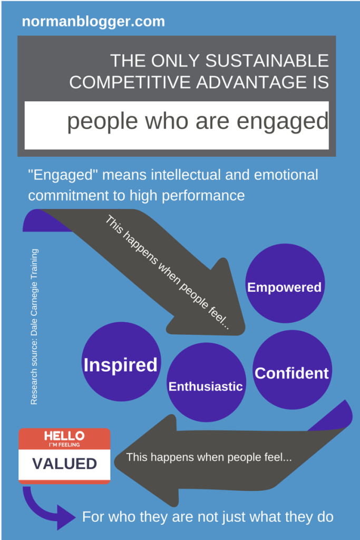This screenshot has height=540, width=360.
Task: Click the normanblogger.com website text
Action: pyautogui.click(x=93, y=22)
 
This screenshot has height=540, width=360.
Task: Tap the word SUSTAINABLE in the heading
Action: pyautogui.click(x=267, y=61)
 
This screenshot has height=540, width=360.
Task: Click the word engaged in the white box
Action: pyautogui.click(x=283, y=122)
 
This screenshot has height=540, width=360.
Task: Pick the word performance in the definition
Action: pyautogui.click(x=203, y=196)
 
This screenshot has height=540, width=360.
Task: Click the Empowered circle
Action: pyautogui.click(x=285, y=283)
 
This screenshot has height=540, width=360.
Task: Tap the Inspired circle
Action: pyautogui.click(x=121, y=361)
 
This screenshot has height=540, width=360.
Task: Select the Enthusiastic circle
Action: pyautogui.click(x=206, y=382)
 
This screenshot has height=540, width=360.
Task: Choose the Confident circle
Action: pyautogui.click(x=292, y=370)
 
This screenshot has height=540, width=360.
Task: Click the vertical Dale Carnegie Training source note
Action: pyautogui.click(x=34, y=326)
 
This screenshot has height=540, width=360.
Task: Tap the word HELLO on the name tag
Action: pyautogui.click(x=64, y=436)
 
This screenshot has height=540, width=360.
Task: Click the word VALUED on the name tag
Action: pyautogui.click(x=65, y=464)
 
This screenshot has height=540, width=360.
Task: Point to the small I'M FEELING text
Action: pyautogui.click(x=64, y=445)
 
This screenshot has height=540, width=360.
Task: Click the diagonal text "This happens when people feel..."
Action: pyautogui.click(x=168, y=273)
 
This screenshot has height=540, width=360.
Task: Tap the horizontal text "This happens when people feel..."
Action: pyautogui.click(x=209, y=457)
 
